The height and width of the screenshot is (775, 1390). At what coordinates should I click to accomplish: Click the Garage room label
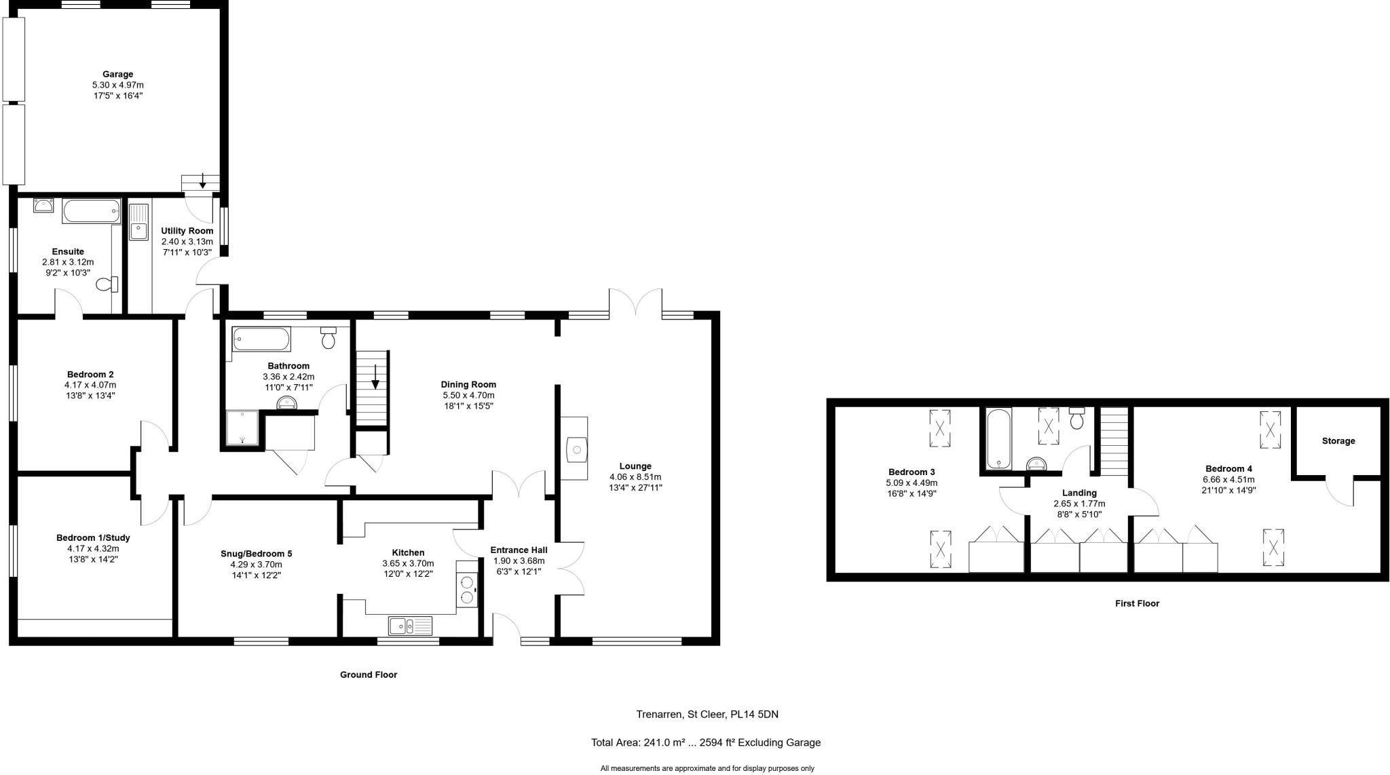click(x=117, y=75)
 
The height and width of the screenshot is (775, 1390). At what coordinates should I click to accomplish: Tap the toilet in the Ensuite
click(x=107, y=284)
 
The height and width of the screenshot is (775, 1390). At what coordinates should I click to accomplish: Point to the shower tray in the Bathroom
click(x=242, y=428)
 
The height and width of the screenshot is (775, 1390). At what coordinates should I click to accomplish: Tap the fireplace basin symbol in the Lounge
click(x=576, y=449)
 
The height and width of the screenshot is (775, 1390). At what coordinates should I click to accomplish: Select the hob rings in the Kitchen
click(x=467, y=588)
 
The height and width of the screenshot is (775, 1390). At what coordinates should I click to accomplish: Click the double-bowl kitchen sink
click(x=410, y=625)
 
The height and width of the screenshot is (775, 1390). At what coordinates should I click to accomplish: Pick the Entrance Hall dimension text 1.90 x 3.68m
click(x=519, y=561)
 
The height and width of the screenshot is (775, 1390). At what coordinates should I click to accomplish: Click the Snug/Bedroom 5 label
click(x=256, y=554)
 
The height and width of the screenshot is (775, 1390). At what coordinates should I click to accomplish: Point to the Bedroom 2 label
click(x=90, y=375)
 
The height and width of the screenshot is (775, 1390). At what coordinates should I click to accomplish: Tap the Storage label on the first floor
click(x=1338, y=441)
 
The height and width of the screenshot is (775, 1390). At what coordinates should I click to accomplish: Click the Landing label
click(x=1079, y=493)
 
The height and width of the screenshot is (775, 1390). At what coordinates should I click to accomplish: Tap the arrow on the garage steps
click(x=202, y=181)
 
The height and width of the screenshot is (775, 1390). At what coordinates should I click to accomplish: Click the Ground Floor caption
click(x=369, y=675)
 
